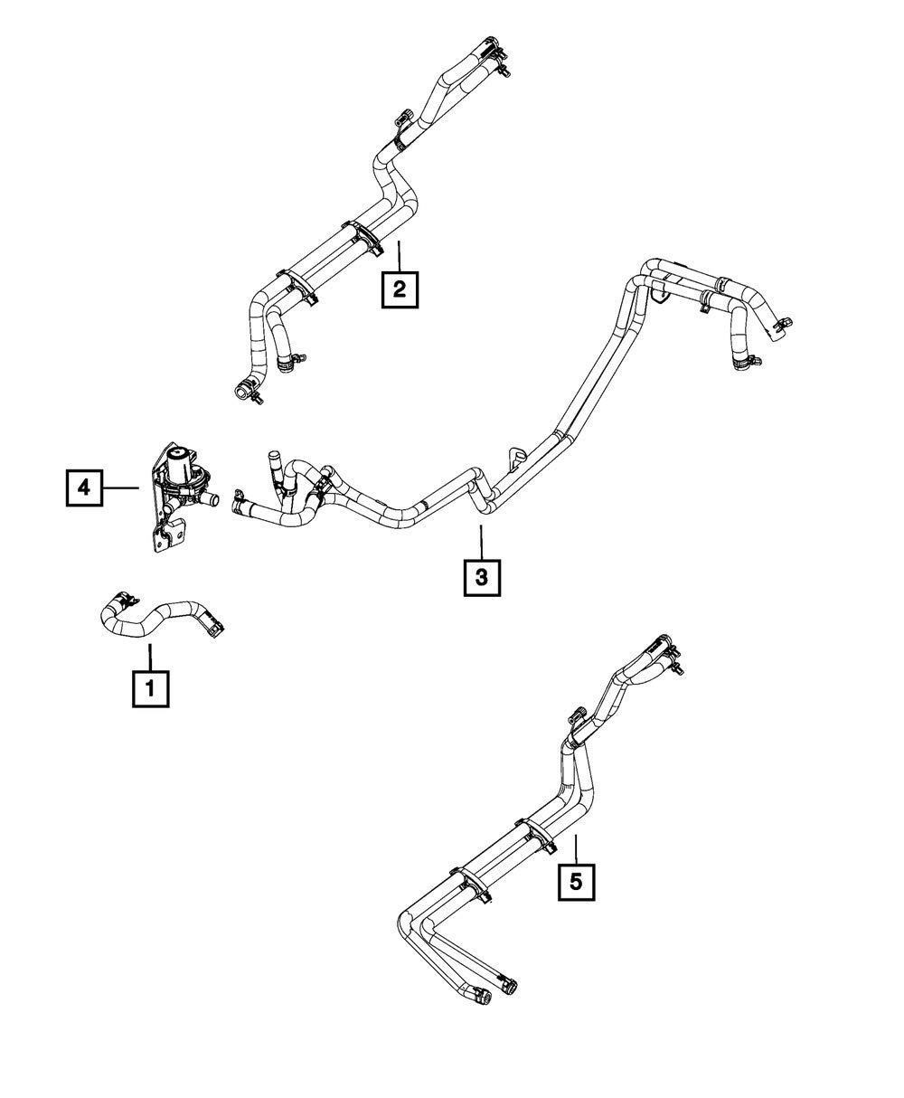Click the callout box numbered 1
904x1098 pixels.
click(x=150, y=688)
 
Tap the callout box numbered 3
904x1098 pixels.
click(x=482, y=576)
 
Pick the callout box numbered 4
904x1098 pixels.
click(x=83, y=488)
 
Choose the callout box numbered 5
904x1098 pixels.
click(x=577, y=878)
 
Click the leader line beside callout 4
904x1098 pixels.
click(x=119, y=488)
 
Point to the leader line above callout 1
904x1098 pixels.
click(x=150, y=657)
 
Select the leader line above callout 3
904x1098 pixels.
click(x=482, y=542)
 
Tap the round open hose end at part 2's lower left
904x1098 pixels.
click(x=242, y=390)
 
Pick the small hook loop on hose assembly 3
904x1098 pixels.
click(x=517, y=452)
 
